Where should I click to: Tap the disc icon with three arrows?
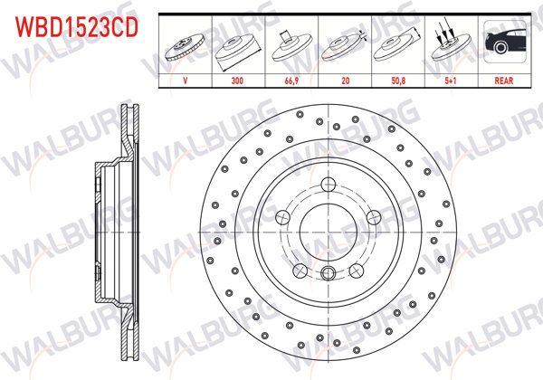[451, 45]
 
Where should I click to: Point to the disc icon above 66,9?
[291, 45]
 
